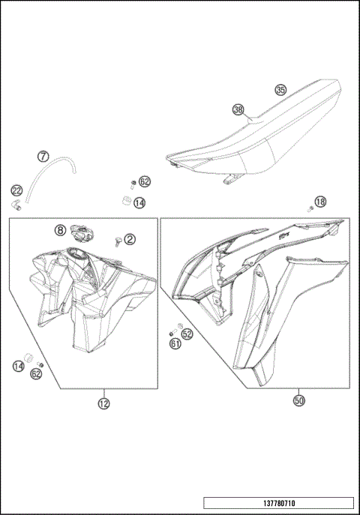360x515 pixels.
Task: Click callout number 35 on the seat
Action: (280, 90)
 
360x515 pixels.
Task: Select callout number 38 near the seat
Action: (238, 109)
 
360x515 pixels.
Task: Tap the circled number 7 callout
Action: (43, 157)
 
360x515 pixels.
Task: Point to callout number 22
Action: (16, 191)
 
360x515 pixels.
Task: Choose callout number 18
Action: (320, 202)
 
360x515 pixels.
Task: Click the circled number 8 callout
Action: (59, 229)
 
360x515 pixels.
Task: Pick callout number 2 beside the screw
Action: (130, 239)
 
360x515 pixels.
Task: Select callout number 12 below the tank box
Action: (103, 403)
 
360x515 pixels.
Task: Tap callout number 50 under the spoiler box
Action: (298, 401)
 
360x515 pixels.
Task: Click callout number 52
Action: (187, 334)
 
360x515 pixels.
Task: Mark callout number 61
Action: (175, 344)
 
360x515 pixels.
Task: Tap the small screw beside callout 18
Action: (310, 209)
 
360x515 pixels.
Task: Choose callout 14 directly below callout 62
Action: (139, 202)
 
